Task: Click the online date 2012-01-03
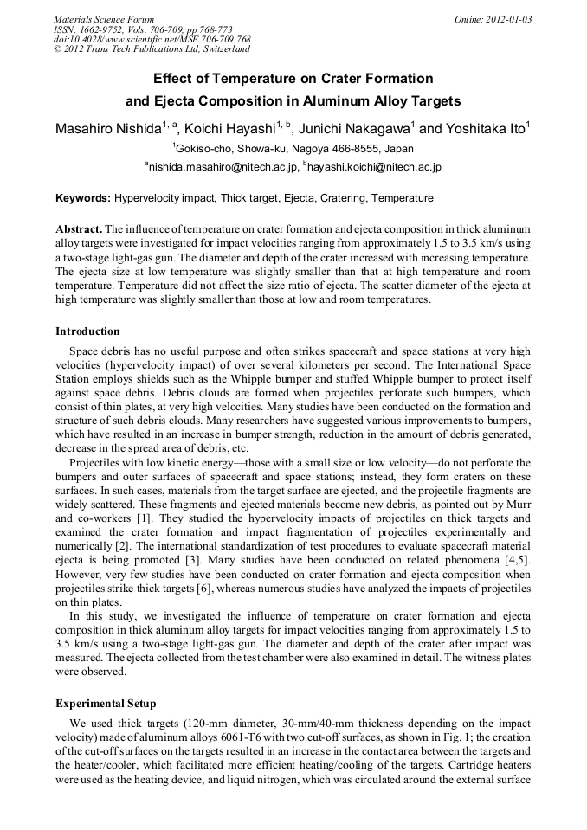510,18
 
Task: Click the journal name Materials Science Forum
104,18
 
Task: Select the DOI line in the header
152,39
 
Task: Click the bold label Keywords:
83,198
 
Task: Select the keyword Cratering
343,198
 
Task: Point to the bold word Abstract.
78,228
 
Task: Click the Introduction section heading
87,331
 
